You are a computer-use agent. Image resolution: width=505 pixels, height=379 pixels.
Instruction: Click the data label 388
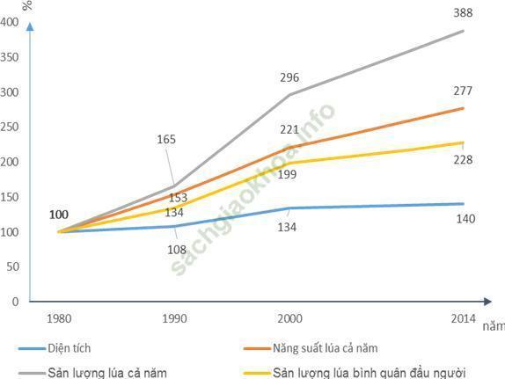tap(463, 13)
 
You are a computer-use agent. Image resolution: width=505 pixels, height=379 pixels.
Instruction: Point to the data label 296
tap(289, 77)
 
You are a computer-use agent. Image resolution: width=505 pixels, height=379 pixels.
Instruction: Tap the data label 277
tap(463, 91)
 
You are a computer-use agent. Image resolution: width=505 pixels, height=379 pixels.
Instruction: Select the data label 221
tap(289, 130)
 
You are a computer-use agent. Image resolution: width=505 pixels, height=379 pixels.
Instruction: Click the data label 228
tap(463, 160)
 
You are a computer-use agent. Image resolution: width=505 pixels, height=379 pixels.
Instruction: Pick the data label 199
tap(287, 174)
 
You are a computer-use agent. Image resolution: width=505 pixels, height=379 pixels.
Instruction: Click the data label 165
tap(166, 140)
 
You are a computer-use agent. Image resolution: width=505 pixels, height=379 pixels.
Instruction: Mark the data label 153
tap(178, 198)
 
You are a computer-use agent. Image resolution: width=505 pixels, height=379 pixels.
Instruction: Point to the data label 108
tap(177, 250)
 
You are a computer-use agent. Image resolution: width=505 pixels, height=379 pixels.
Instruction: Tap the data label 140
tap(465, 219)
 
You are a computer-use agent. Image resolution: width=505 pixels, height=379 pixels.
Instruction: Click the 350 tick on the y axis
tap(10, 58)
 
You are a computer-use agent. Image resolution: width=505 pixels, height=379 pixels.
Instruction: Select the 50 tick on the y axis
tap(12, 267)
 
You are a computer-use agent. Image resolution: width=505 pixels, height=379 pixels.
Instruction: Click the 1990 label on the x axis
tap(174, 319)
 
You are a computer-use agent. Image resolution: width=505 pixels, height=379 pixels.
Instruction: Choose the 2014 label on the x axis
tap(463, 319)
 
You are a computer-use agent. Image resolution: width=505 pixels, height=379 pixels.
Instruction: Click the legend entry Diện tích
tap(55, 348)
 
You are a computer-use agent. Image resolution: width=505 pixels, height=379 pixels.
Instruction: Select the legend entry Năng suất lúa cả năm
tap(311, 348)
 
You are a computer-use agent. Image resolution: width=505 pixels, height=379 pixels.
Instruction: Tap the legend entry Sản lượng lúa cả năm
tap(92, 373)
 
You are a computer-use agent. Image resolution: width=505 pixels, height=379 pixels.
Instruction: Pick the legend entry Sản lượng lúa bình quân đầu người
tap(355, 373)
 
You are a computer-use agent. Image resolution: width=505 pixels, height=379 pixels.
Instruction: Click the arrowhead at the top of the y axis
tap(30, 26)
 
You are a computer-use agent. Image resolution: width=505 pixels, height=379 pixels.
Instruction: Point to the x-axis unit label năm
tap(494, 326)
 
